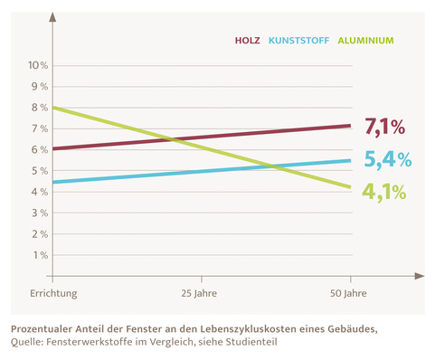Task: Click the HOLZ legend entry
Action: click(247, 41)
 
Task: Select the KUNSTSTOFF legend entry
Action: click(299, 41)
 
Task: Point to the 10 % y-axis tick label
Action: click(37, 65)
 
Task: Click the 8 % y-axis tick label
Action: click(40, 108)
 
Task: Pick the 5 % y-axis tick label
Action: click(40, 170)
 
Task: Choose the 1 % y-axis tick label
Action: click(40, 254)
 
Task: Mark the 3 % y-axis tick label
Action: click(40, 213)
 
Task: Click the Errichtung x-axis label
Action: click(53, 293)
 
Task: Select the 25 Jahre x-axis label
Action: click(201, 293)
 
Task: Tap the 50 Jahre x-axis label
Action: click(349, 293)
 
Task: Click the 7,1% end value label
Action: click(383, 126)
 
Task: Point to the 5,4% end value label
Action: click(387, 160)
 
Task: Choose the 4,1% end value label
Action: click(383, 193)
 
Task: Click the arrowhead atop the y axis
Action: click(53, 17)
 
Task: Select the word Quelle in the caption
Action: click(27, 342)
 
